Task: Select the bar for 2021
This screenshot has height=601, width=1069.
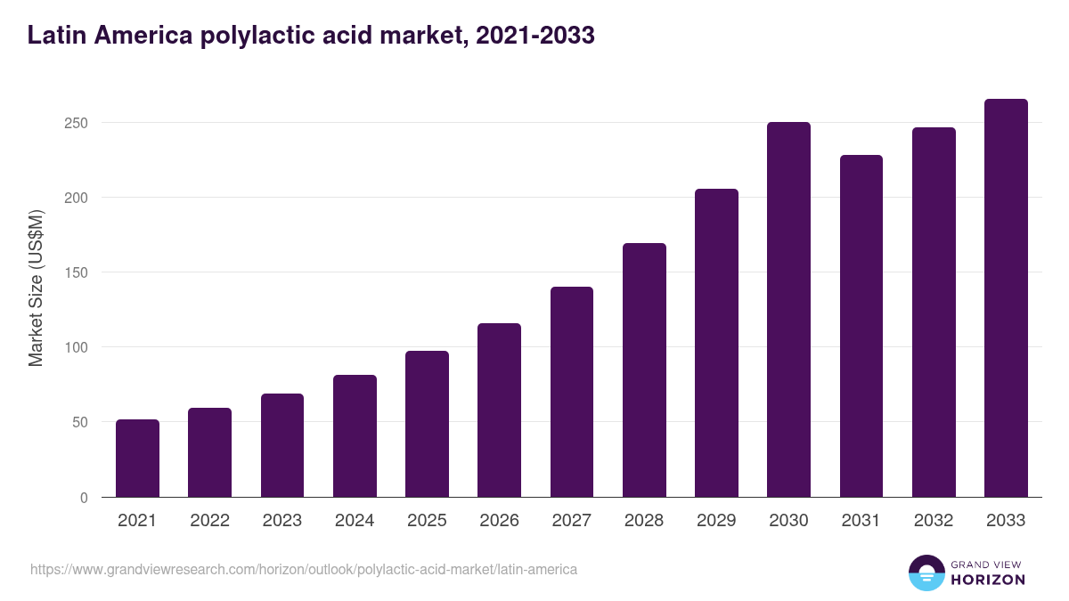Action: point(137,459)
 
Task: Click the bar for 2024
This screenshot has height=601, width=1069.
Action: point(355,436)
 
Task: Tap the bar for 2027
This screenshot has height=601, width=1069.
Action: point(572,392)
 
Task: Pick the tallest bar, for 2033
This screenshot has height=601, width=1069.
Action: point(1006,298)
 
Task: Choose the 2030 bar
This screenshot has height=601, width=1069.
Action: point(788,310)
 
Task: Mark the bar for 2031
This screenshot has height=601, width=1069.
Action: point(861,326)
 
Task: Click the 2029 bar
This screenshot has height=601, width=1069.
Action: point(716,343)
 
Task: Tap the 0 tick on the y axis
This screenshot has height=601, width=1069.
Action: point(85,498)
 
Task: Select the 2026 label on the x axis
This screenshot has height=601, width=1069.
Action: point(499,521)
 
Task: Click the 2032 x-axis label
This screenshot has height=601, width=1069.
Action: point(934,521)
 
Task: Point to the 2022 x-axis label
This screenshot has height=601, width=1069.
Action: point(209,521)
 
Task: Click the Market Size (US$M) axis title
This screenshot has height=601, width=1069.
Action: point(37,288)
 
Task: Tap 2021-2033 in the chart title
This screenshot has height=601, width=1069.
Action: point(535,36)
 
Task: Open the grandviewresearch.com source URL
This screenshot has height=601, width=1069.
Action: point(304,569)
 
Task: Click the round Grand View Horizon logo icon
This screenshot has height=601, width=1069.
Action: point(926,573)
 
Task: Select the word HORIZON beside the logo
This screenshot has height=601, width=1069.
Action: point(987,580)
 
